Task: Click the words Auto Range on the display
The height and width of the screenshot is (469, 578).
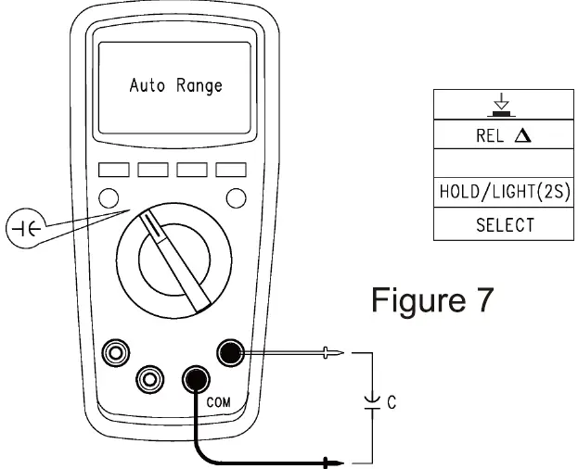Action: coord(175,86)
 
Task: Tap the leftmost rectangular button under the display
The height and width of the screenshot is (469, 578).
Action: coord(113,170)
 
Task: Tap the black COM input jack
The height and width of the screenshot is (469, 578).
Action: coord(195,378)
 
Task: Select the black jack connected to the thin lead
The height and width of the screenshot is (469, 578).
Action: coord(229,353)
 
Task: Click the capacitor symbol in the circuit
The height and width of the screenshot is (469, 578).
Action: coord(372,400)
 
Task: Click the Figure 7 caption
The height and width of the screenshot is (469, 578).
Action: coord(432,299)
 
